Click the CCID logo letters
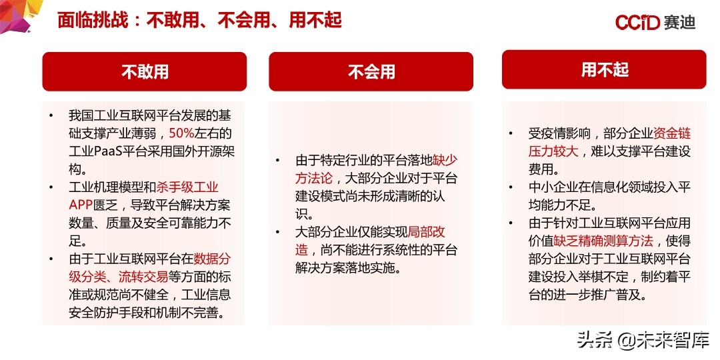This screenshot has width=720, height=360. pos(637,23)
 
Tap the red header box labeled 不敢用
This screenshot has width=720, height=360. pos(145,71)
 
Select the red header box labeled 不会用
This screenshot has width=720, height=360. pos(371,71)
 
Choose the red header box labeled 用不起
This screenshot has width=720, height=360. pos(604,69)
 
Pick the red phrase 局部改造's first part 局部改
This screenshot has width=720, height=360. pos(426,233)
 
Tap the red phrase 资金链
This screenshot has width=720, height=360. pos(671,133)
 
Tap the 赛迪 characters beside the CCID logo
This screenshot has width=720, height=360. pos(680,23)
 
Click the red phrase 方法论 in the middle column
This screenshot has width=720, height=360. pos(317,179)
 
